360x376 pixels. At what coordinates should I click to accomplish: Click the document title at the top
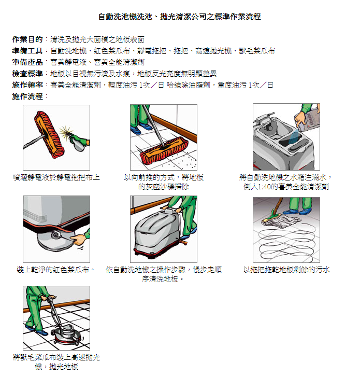point(180,17)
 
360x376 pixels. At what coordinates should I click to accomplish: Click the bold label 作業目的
point(27,39)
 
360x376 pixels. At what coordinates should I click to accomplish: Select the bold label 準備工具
point(27,51)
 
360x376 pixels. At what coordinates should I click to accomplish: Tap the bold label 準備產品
point(27,62)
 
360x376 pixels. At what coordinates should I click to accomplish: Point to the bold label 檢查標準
point(27,73)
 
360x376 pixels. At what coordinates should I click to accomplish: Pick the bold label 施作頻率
point(27,85)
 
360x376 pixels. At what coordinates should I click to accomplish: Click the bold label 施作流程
point(27,96)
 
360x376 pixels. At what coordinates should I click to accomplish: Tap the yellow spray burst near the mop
point(65,132)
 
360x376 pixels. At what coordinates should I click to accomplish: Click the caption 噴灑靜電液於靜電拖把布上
point(56,177)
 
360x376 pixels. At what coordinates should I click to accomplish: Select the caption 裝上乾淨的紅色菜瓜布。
point(55,270)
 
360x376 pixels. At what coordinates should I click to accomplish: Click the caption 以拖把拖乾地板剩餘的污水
point(286,270)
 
